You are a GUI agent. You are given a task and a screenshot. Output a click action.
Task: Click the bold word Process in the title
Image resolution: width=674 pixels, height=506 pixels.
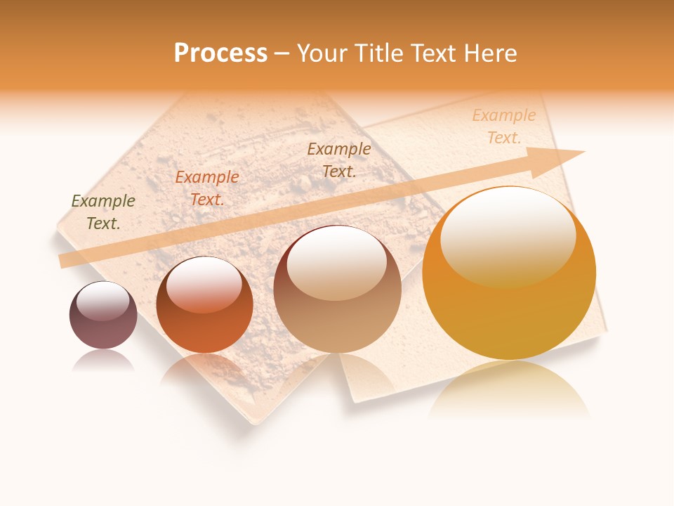(x=220, y=53)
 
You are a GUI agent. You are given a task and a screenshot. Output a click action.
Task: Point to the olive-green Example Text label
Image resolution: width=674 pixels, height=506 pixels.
(x=103, y=212)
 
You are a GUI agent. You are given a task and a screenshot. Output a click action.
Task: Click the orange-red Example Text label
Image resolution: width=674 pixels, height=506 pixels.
(x=207, y=188)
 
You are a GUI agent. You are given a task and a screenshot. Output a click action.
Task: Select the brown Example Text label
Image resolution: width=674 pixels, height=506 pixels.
(x=339, y=160)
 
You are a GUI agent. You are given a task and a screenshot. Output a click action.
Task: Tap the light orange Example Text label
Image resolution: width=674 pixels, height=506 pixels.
(x=504, y=126)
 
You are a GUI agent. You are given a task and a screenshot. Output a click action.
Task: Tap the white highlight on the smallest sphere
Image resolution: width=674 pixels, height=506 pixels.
(x=103, y=300)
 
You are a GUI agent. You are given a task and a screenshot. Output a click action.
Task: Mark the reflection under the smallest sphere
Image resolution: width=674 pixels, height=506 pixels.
(x=103, y=361)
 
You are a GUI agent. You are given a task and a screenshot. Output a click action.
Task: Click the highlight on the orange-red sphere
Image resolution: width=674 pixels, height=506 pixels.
(x=204, y=283)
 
